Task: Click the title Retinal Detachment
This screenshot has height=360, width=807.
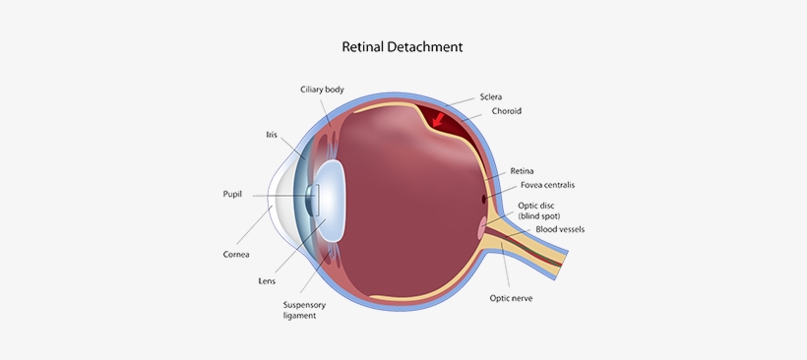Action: (402, 46)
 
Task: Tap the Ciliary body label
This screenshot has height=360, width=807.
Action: (322, 90)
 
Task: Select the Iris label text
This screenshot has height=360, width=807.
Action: (272, 134)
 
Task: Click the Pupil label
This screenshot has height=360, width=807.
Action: (232, 195)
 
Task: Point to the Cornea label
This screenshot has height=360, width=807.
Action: (235, 254)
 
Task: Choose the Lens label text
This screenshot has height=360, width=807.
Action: (267, 280)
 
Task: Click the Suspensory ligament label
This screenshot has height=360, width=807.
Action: (305, 310)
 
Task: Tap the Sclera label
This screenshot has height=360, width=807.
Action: (492, 96)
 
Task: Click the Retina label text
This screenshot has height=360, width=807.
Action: (522, 170)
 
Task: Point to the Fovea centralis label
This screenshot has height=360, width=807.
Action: (547, 185)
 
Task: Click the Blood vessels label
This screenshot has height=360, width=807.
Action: (560, 229)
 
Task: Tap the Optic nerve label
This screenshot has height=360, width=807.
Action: (512, 297)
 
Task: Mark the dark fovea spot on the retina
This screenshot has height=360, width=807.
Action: (483, 200)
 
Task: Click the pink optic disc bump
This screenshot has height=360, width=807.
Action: (481, 229)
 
